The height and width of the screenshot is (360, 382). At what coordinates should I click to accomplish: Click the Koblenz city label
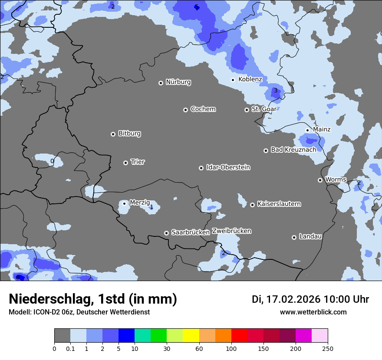[x=250, y=79]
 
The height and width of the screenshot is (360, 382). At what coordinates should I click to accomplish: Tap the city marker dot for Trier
[x=126, y=163]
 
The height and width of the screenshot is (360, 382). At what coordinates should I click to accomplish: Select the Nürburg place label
[x=178, y=82]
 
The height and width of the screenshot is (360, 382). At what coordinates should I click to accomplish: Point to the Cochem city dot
[x=185, y=110]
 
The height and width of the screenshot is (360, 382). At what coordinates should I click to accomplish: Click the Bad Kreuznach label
[x=293, y=150]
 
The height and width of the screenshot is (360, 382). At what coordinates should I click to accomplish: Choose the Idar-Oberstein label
[x=228, y=167]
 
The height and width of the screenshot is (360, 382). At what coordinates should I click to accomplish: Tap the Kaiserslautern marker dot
[x=252, y=205]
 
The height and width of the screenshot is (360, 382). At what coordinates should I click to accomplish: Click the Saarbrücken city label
[x=191, y=232]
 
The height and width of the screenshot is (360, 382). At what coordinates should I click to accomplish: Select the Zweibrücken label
[x=231, y=231]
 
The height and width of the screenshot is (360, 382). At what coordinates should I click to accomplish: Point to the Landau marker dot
[x=294, y=237]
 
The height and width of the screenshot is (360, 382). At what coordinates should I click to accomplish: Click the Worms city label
[x=336, y=180]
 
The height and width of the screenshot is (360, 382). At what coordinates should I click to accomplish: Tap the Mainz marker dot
[x=307, y=130]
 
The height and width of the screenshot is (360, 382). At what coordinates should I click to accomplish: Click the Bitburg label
[x=129, y=134]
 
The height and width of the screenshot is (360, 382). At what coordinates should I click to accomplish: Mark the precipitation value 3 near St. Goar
[x=275, y=91]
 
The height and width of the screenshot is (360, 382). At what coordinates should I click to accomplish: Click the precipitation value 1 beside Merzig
[x=151, y=207]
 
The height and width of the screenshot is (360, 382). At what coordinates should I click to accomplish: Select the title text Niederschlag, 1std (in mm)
[x=93, y=299]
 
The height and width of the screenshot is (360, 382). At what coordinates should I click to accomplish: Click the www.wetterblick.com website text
[x=313, y=312]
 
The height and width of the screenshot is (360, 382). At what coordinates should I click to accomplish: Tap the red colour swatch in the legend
[x=239, y=336]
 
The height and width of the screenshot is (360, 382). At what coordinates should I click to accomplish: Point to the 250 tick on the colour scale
[x=328, y=348]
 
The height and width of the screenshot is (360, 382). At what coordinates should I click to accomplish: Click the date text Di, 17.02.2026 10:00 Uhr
[x=310, y=299]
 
